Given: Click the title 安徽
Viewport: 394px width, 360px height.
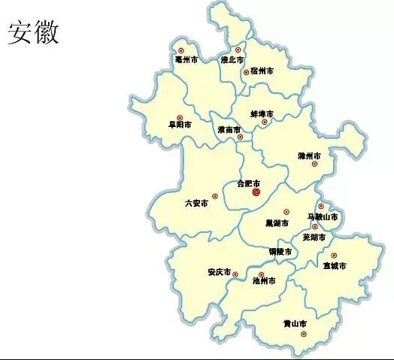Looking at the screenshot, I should click(34, 32).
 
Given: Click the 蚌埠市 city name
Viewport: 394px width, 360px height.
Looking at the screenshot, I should click(262, 113).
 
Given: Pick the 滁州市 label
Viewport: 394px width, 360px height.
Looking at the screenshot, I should click(309, 156).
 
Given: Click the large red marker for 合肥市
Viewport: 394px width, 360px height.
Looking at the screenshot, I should click(256, 193).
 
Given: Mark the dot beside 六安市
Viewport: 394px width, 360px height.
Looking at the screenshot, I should click(214, 196).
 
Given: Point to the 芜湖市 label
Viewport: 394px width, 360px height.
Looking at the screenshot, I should click(314, 237).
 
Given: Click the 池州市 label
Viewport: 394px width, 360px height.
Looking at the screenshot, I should click(264, 281).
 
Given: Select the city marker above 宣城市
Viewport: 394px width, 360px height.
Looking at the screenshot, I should click(334, 256).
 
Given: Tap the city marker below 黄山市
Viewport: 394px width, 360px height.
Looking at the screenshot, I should click(304, 334).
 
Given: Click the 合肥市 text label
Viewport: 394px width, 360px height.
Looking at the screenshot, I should click(247, 183).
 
